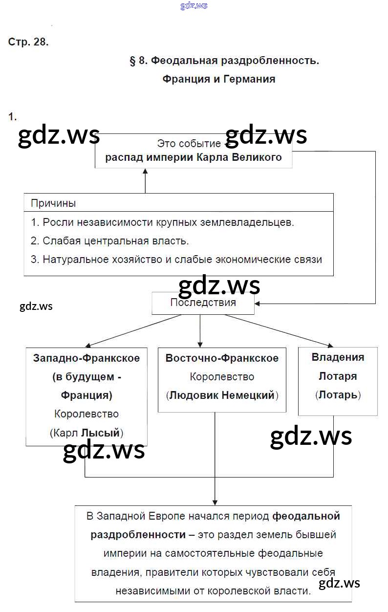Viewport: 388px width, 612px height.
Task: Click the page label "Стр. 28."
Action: pos(28,42)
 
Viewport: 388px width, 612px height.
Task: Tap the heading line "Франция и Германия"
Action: pos(219,79)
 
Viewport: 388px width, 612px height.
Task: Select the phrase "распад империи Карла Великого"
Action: pos(194,157)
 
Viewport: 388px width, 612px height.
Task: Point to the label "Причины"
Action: pos(53,203)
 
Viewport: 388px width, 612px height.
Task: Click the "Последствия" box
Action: pos(203,303)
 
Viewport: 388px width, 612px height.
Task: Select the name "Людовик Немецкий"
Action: pos(221,395)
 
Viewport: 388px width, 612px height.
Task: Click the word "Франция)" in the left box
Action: pos(86,395)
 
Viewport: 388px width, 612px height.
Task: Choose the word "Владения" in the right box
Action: pos(338,357)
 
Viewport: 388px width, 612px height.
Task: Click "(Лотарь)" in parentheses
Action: pos(338,395)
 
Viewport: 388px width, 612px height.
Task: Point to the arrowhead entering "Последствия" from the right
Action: pos(258,304)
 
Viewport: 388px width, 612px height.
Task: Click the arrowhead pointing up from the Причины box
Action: pos(145,172)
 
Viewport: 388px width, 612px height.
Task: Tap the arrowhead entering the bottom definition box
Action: pos(215,501)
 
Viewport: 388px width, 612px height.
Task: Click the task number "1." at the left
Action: pos(12,116)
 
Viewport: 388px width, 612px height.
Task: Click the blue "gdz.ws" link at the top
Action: pos(194,5)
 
